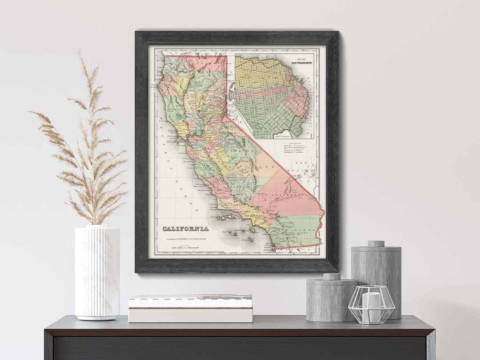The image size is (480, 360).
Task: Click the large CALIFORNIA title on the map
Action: tap(185, 229)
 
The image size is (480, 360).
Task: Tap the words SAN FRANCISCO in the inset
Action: tap(301, 63)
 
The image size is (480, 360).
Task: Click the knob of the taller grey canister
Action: tap(376, 244)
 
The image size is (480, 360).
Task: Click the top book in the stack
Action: tap(190, 300)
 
